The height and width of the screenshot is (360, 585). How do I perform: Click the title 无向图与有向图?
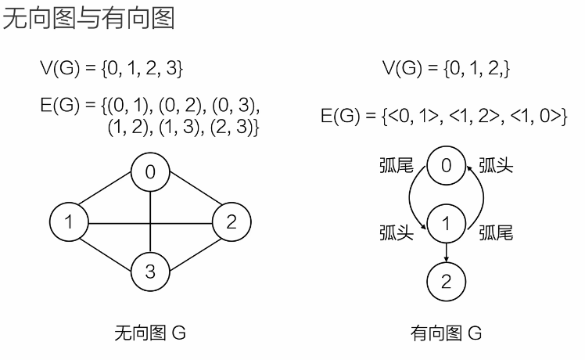pos(88,18)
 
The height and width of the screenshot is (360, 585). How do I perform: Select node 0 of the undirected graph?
pos(149,171)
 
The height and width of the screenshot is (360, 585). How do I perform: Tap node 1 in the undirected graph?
pos(69,221)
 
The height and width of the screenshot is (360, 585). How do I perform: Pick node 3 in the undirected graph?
pos(149,272)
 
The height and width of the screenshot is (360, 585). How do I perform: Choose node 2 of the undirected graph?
pos(231,221)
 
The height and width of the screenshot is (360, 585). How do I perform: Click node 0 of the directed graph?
pos(446,166)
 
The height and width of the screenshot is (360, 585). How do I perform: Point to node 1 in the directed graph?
pos(446,224)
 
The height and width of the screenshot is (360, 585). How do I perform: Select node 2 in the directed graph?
pos(446,281)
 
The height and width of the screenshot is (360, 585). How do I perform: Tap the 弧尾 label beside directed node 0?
pos(397,166)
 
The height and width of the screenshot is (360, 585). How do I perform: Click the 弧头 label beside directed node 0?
pos(496,166)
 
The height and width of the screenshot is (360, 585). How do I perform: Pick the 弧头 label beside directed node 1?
pos(397,232)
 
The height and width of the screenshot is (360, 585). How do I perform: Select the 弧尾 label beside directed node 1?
pos(496,232)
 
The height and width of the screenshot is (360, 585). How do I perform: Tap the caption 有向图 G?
pos(447,334)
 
